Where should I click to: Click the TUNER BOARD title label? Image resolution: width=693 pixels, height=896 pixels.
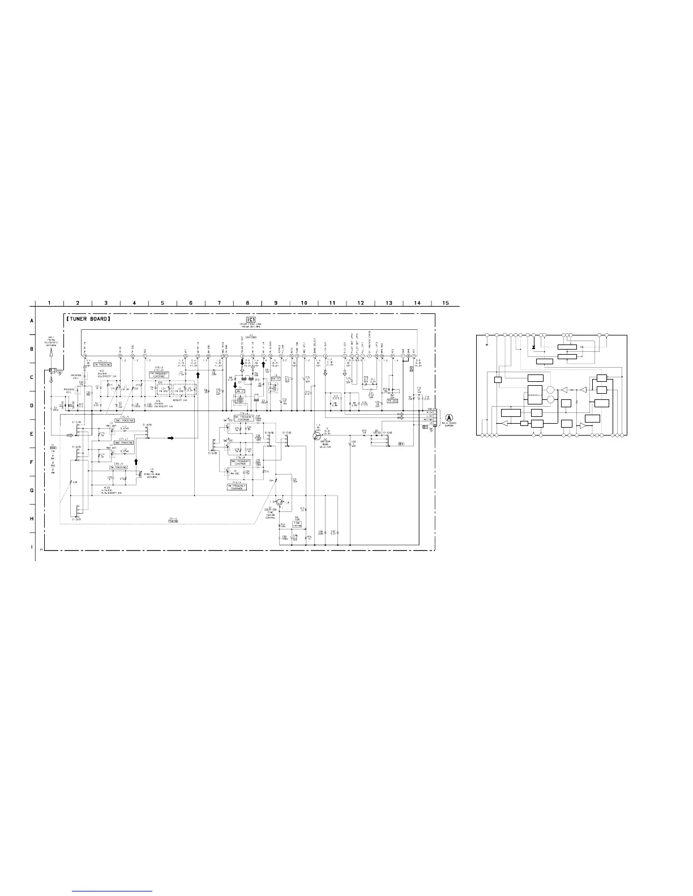pyautogui.click(x=88, y=319)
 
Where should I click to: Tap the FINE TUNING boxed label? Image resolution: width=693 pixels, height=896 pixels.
pyautogui.click(x=297, y=523)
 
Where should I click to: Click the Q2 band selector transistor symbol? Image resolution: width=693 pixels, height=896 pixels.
pyautogui.click(x=317, y=435)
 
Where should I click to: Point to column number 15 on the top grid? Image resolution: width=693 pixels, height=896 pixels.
pyautogui.click(x=446, y=303)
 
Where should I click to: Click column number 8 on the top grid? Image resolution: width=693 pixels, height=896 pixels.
pyautogui.click(x=247, y=303)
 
